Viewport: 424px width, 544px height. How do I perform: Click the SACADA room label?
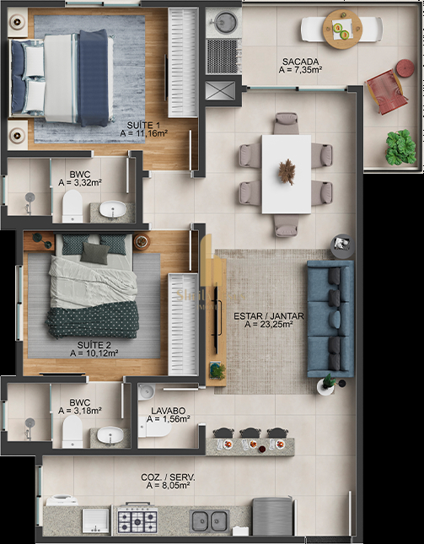tap(300, 62)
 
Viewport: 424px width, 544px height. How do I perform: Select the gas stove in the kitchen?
tap(137, 519)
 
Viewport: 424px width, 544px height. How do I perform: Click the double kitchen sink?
tap(209, 520)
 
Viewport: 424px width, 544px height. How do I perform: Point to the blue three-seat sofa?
tap(330, 319)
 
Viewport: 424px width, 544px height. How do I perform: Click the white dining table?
tap(287, 174)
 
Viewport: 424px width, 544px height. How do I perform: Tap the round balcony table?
tap(342, 30)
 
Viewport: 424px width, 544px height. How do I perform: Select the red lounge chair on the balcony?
tap(386, 92)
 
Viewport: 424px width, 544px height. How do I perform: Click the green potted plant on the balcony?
tap(400, 147)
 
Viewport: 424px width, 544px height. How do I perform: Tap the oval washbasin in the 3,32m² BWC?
tap(113, 209)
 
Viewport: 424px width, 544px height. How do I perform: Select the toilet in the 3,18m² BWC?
tap(72, 432)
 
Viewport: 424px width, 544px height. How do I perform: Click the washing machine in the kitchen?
tap(62, 500)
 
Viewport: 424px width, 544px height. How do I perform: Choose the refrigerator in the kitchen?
tap(272, 516)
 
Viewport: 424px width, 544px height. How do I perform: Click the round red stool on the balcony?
tap(405, 67)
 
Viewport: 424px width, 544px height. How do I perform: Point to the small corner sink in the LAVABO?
tap(146, 391)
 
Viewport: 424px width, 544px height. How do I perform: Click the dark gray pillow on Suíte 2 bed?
tap(94, 253)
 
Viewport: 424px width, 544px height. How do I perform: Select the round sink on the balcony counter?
tap(225, 22)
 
